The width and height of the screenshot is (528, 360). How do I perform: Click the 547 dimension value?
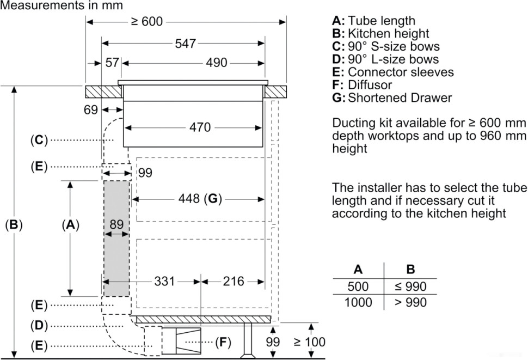185,44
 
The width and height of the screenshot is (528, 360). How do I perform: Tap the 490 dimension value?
216,63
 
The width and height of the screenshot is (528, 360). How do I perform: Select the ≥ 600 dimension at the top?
146,22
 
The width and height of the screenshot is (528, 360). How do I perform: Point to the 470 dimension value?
200,128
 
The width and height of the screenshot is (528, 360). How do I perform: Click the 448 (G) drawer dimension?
200,199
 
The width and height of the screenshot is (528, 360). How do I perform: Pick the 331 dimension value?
164,281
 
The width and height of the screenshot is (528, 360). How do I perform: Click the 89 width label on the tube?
116,223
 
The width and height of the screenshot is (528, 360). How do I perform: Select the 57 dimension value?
112,63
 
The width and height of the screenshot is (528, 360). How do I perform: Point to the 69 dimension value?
91,109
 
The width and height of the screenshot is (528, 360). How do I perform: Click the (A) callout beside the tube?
70,224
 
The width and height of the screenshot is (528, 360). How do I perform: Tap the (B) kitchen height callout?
14,224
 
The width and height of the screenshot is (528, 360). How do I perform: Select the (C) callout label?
39,140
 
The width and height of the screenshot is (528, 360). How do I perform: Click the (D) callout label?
39,325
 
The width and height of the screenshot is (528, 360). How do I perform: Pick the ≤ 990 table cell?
410,286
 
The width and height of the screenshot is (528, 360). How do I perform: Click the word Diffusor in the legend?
370,85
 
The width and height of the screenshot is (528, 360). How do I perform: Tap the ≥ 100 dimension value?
309,342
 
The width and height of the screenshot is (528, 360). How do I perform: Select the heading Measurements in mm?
62,5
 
